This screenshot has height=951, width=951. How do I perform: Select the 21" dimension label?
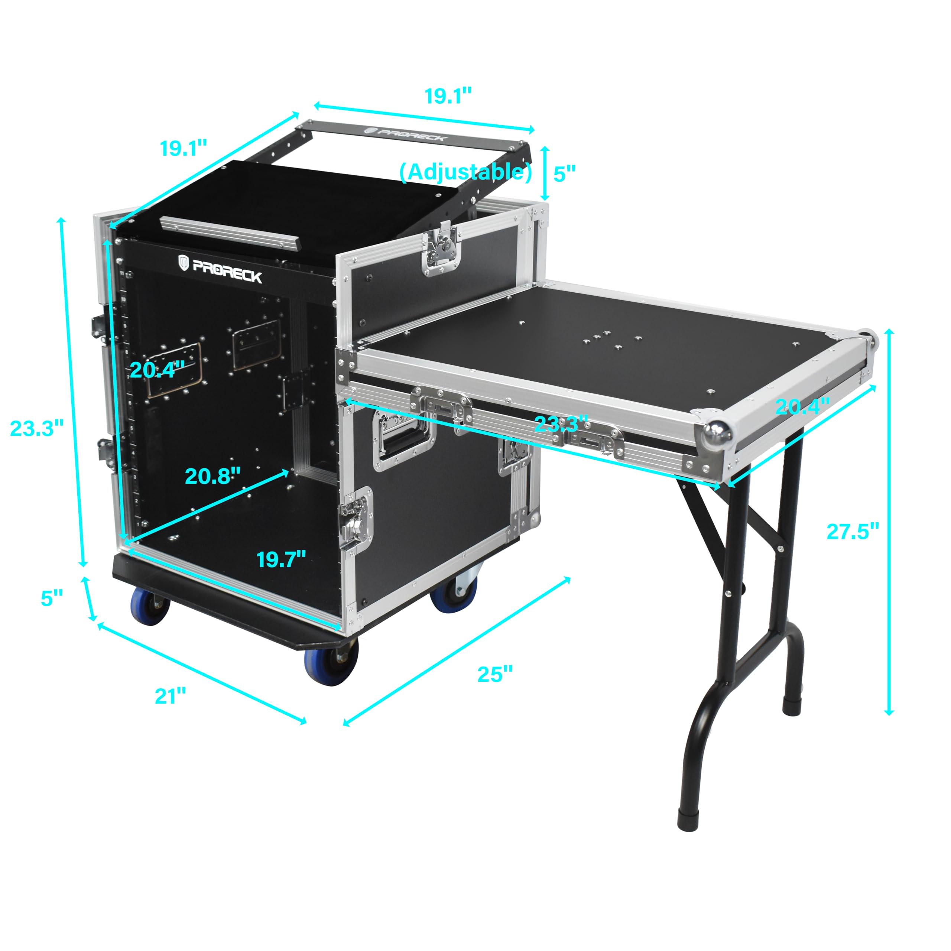170,696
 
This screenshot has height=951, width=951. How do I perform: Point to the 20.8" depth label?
212,475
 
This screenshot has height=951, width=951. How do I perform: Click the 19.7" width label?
281,559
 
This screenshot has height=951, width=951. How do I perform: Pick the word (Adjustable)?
465,172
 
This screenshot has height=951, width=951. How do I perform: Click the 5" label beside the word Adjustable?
564,173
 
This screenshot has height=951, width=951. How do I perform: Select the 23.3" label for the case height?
37,428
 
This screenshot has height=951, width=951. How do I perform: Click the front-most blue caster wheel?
330,665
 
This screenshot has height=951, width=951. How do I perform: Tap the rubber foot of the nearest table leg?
689,819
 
